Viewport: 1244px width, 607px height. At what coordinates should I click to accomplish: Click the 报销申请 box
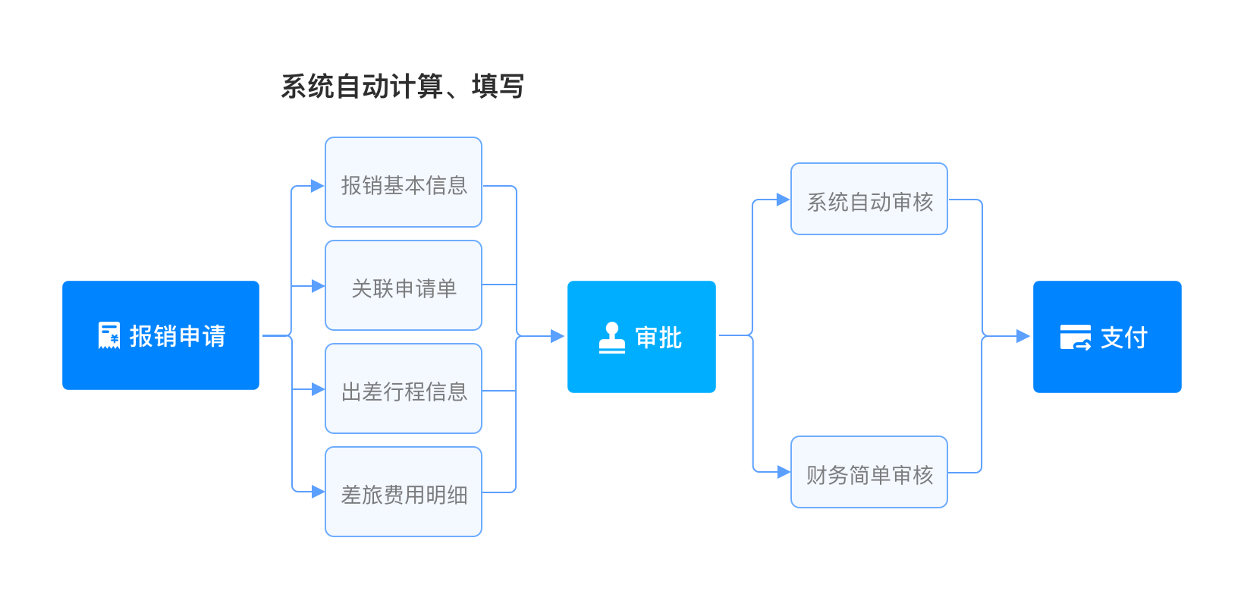tap(161, 335)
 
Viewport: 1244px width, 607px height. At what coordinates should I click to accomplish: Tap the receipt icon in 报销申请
tap(109, 335)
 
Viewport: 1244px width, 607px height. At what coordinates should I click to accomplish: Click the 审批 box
tap(642, 337)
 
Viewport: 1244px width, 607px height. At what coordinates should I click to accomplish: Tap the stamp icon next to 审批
tap(612, 338)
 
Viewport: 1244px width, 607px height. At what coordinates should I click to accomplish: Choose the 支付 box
tap(1107, 337)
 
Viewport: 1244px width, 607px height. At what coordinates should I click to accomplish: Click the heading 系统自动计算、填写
tap(402, 86)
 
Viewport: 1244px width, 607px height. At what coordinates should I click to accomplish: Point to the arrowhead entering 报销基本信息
tap(318, 186)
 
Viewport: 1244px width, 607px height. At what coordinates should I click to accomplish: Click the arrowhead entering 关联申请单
tap(318, 287)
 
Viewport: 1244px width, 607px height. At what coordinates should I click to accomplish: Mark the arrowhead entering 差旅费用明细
tap(318, 492)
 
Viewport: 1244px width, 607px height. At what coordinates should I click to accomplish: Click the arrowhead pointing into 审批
tap(558, 336)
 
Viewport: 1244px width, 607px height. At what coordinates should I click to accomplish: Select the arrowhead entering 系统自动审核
tap(784, 200)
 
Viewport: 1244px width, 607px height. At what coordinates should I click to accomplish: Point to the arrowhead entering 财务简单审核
tap(784, 473)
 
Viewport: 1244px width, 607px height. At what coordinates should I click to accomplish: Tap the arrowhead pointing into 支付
tap(1023, 336)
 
